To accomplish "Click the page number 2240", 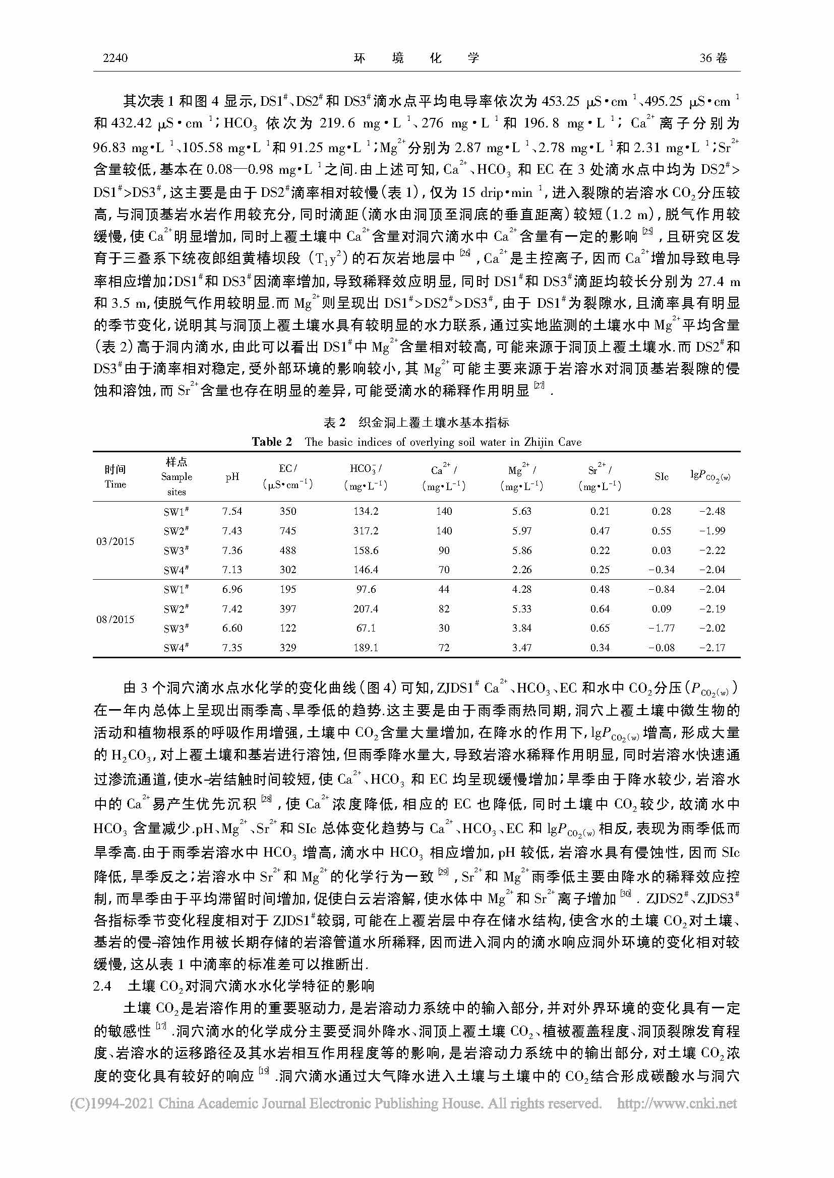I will (115, 58).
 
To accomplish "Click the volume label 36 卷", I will (713, 58).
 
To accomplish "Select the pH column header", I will (232, 476).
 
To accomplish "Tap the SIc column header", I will (662, 476).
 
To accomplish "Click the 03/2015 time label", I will (115, 541).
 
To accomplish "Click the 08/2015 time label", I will (115, 619).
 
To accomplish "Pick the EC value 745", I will (287, 531).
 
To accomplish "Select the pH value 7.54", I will (232, 511).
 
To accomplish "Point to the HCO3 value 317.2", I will (366, 531).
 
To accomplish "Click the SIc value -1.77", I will (662, 628).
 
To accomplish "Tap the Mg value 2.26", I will (522, 570).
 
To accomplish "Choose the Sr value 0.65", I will (600, 628).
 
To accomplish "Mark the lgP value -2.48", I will (712, 511).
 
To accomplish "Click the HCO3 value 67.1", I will (366, 628).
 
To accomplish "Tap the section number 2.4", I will (102, 986).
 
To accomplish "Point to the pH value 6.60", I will (232, 628).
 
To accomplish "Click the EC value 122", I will (287, 628).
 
